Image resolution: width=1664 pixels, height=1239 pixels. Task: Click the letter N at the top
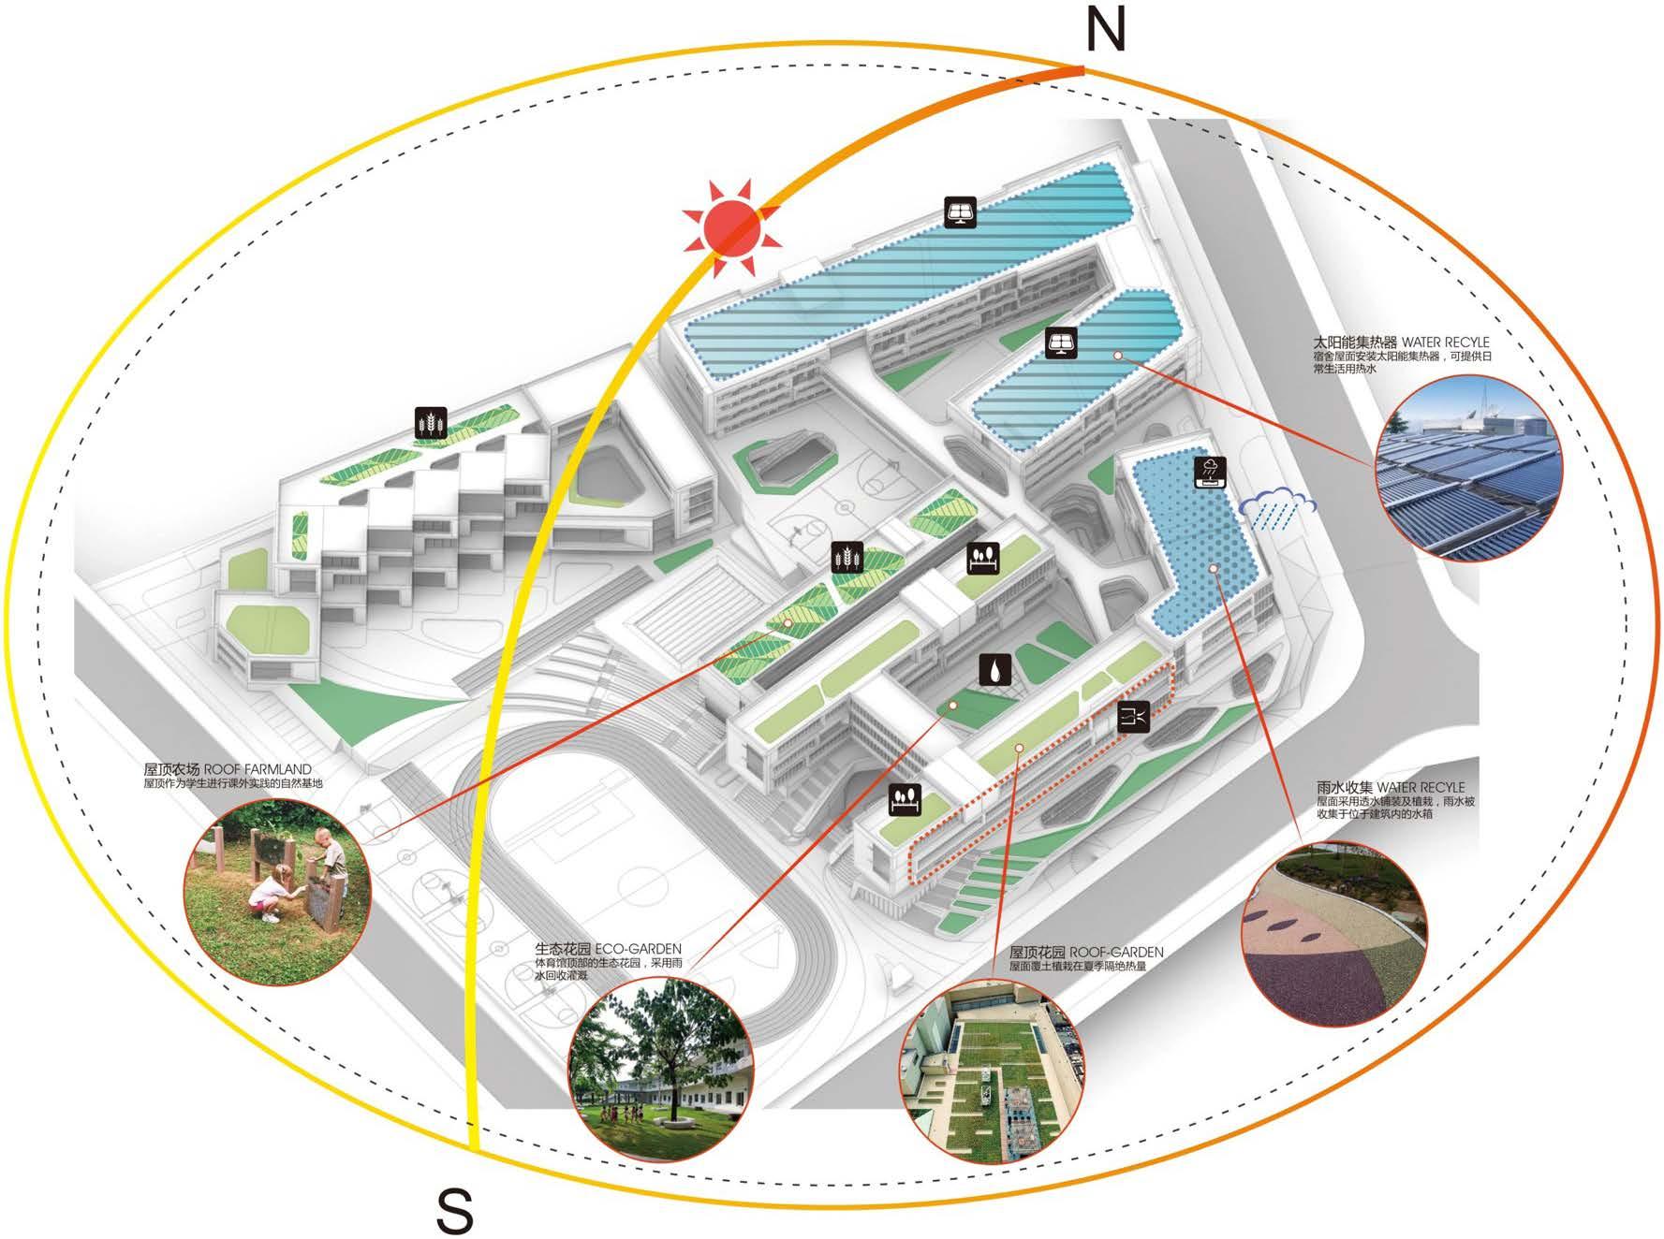coord(1105,30)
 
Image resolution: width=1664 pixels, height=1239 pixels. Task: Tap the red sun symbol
coord(732,227)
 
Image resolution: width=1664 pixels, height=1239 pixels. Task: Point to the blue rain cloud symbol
coord(1278,509)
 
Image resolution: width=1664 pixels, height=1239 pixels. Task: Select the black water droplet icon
coord(994,670)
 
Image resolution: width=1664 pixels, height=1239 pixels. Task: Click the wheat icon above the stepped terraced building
coord(432,423)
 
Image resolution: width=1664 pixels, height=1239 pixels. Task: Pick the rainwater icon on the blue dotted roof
coord(1210,474)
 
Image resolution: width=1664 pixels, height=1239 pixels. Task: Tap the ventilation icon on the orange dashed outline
coord(1134,717)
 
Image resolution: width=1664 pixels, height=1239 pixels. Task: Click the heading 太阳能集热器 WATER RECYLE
coord(1401,343)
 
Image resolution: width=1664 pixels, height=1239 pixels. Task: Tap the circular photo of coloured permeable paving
coord(1334,933)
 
